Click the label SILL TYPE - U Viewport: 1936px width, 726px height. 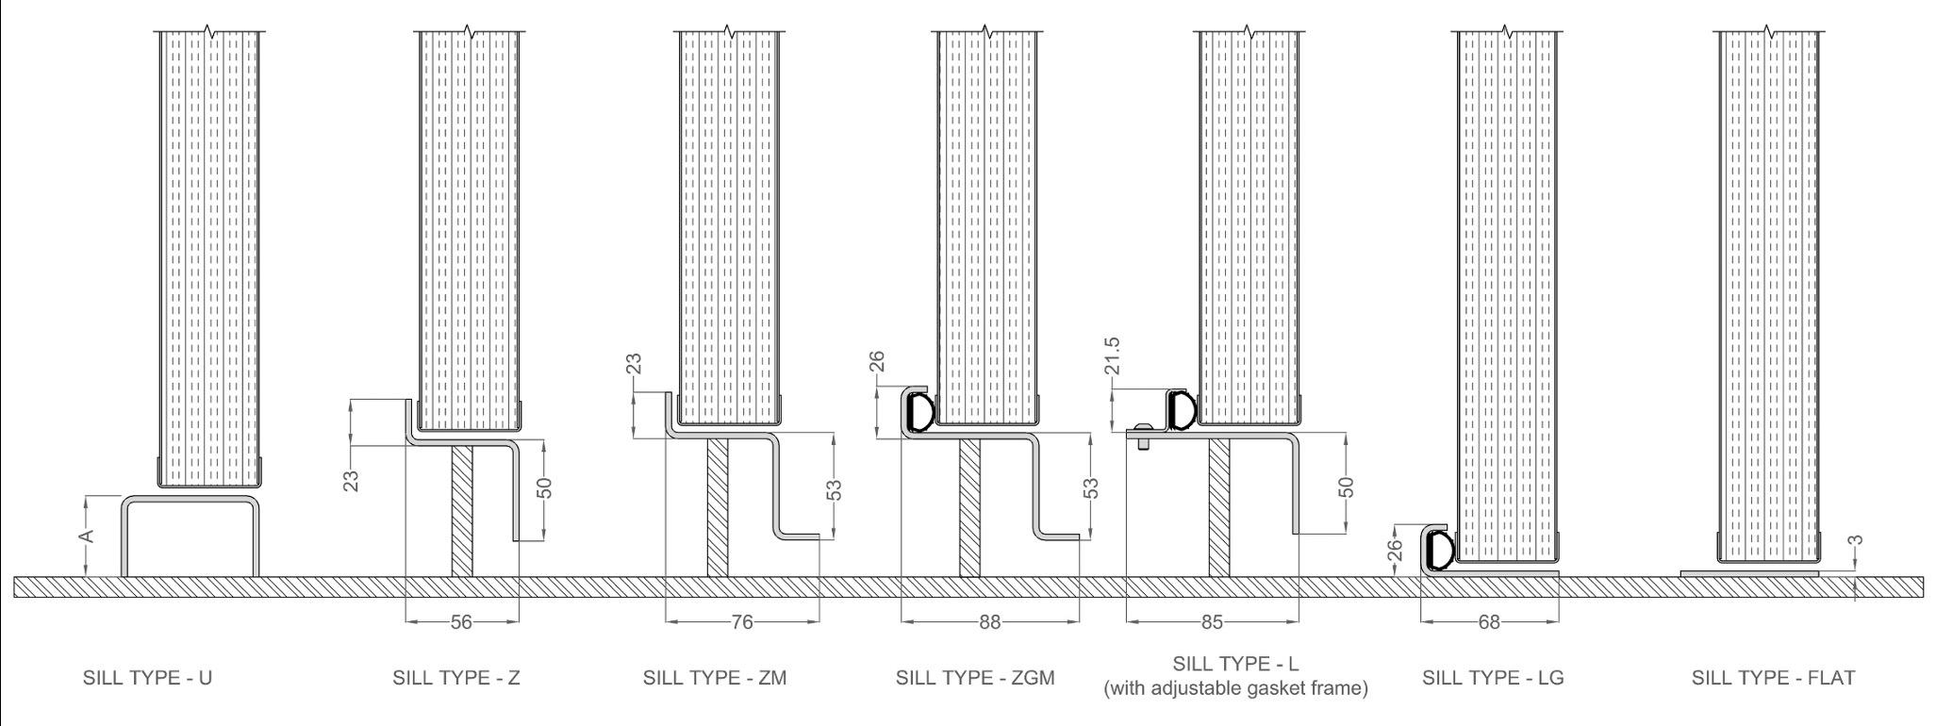pos(148,678)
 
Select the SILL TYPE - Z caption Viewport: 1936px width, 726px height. pos(456,678)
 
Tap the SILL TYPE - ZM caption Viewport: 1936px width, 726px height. pos(715,678)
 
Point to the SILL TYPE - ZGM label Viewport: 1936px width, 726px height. pos(975,678)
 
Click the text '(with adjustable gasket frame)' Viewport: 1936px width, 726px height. pos(1235,688)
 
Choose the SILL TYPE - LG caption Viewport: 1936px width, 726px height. pos(1493,678)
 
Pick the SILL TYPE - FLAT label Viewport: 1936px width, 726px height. pos(1773,678)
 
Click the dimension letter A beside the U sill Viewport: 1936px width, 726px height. pos(86,536)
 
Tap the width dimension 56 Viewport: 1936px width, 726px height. pos(461,622)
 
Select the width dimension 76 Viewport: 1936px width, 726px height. pos(742,622)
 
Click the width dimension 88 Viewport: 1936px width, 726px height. pos(989,622)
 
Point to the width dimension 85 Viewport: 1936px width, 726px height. pos(1212,622)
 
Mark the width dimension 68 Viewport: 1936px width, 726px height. pos(1489,622)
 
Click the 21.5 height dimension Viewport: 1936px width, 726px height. pos(1113,356)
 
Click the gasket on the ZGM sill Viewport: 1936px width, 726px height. pos(919,412)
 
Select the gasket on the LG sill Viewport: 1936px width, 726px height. pos(1440,551)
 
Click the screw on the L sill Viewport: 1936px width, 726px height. pos(1143,437)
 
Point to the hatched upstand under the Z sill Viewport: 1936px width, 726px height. pos(462,509)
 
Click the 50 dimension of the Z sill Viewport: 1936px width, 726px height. pos(543,488)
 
